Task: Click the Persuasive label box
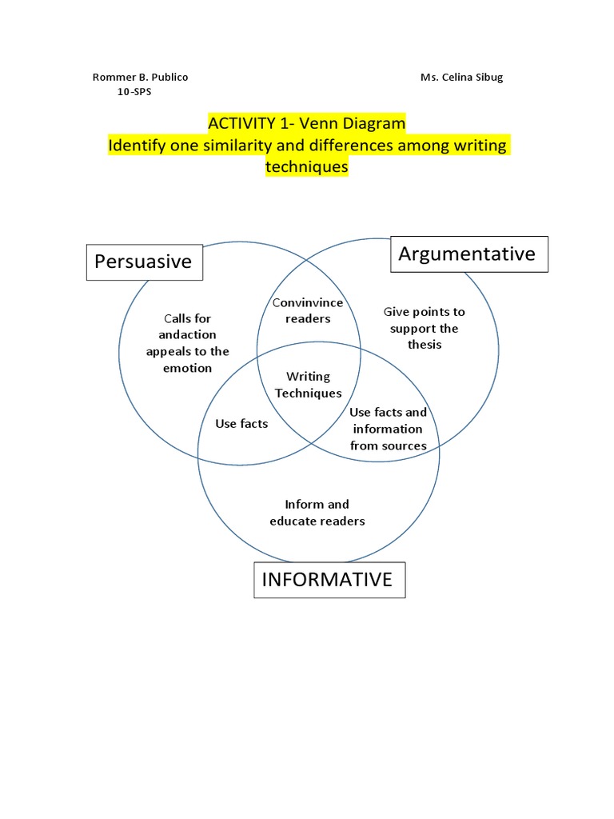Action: coord(145,262)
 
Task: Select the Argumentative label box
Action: coord(469,254)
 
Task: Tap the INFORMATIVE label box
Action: coord(329,580)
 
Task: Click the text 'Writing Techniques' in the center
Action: coord(308,385)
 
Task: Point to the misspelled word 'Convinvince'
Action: coord(308,302)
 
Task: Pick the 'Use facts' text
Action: coord(241,424)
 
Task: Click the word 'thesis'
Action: coord(425,345)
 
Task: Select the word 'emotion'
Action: coord(187,368)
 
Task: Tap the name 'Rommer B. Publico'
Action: coord(141,78)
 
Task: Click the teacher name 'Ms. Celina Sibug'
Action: coord(461,78)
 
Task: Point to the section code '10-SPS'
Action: coord(134,92)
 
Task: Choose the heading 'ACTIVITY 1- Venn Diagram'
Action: coord(306,123)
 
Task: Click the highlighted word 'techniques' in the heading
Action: coord(306,166)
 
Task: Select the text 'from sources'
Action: coord(389,445)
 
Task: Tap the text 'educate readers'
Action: coord(317,521)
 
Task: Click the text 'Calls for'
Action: coord(187,318)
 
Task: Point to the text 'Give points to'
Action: coord(424,312)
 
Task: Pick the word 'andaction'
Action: coord(187,335)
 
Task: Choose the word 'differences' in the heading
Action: coord(351,146)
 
